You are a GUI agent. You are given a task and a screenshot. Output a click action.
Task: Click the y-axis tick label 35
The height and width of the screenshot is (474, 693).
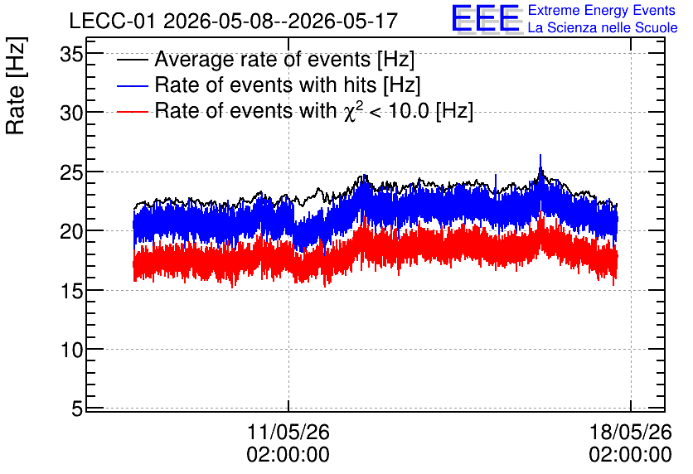coord(71,56)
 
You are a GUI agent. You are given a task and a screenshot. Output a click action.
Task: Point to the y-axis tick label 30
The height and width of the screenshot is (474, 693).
coord(71,114)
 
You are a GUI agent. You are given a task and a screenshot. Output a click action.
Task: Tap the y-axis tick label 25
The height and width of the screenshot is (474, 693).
coord(71,173)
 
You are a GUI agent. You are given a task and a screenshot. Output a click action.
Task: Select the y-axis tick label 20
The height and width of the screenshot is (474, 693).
coord(71,231)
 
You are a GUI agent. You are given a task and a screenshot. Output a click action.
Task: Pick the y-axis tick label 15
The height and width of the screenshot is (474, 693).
coord(71,291)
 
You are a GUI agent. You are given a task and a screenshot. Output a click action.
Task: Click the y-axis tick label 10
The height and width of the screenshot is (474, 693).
coord(71,350)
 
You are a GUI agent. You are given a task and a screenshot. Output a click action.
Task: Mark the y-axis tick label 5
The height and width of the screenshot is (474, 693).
coord(77,409)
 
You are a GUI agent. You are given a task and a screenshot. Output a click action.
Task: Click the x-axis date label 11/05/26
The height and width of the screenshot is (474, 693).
coord(288,432)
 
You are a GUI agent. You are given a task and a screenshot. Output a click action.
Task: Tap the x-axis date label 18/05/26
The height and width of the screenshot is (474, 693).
coord(630,432)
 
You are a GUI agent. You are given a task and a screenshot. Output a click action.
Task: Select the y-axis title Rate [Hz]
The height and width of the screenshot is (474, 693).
coord(16,85)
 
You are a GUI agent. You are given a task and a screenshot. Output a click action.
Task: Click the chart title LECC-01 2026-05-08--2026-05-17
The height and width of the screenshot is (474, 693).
coord(234,21)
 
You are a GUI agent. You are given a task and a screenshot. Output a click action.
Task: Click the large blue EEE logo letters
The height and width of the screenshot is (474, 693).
coord(486,19)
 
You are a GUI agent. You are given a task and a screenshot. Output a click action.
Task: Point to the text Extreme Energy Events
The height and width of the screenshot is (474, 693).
coord(602,10)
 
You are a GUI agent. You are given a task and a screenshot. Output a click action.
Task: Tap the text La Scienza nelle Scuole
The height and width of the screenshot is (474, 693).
coord(603,28)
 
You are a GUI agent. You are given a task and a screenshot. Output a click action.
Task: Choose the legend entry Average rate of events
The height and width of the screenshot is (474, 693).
coord(284,59)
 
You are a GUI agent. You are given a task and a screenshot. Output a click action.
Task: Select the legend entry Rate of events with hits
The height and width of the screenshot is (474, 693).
coord(288,85)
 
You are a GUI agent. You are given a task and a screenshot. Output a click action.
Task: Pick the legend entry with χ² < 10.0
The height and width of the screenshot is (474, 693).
coord(314,110)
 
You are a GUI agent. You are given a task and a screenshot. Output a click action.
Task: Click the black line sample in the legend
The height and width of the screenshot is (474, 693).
coord(132,60)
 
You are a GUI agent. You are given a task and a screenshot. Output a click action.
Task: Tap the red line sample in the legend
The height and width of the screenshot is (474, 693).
coord(132,111)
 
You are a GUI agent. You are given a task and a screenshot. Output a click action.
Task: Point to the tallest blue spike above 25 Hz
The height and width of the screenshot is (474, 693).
coord(540,164)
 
